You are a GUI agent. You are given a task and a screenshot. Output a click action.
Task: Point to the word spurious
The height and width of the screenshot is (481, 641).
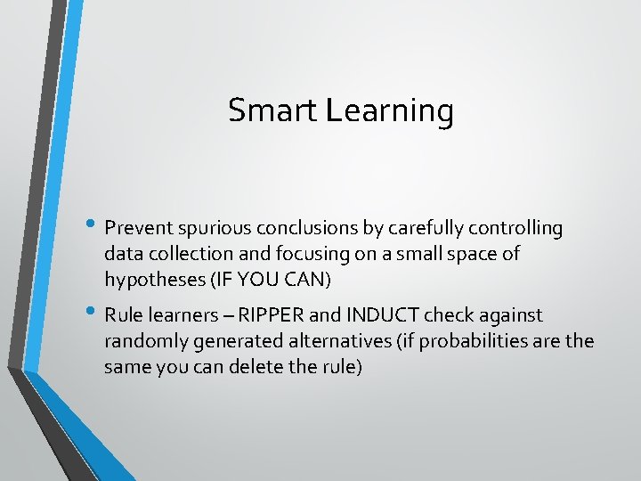[202, 229]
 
